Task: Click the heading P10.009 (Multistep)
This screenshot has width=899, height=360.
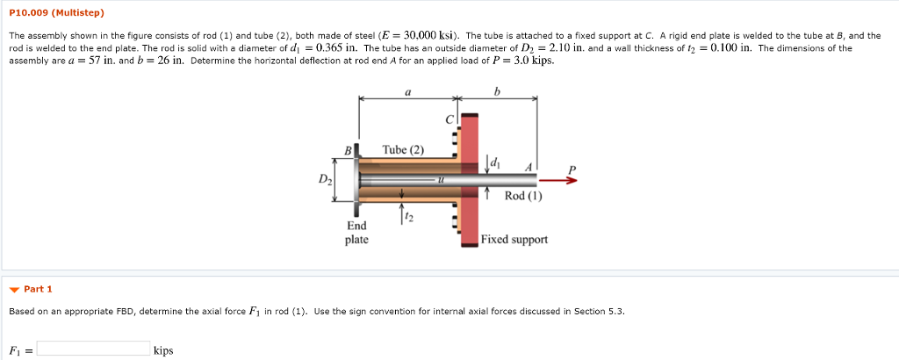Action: [x=56, y=13]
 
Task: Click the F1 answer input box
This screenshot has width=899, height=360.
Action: [x=93, y=349]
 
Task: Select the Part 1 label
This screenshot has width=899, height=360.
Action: [x=39, y=289]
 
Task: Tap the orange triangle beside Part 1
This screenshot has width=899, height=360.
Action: [x=14, y=289]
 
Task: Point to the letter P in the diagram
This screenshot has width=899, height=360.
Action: [x=572, y=169]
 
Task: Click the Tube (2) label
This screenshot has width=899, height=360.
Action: [x=403, y=149]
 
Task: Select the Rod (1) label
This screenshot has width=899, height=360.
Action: [x=523, y=197]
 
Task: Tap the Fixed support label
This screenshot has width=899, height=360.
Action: [x=514, y=239]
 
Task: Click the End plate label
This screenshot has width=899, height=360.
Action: [x=356, y=233]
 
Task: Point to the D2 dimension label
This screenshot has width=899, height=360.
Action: [x=325, y=182]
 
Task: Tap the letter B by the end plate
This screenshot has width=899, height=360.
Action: [x=347, y=150]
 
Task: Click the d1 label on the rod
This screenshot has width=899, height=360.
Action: [x=494, y=162]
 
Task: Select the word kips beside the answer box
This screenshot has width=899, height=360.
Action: [x=163, y=350]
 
